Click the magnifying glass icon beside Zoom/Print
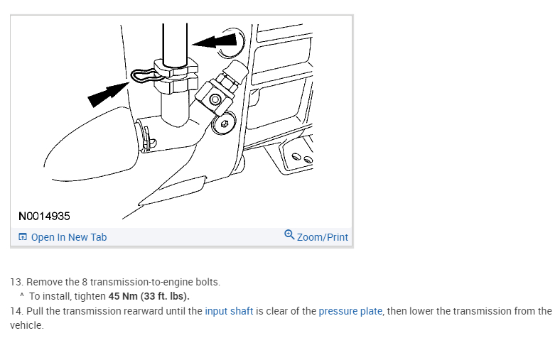click(x=289, y=235)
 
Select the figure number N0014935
click(x=44, y=217)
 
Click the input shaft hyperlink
click(x=229, y=311)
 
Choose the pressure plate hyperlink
click(x=350, y=311)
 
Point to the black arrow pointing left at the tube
click(x=215, y=41)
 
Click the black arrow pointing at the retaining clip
click(x=108, y=94)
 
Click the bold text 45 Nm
click(x=123, y=297)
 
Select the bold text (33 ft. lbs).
click(x=165, y=297)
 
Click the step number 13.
click(x=17, y=282)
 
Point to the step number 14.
click(x=17, y=311)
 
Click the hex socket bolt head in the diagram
click(x=224, y=123)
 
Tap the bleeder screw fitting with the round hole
click(x=216, y=99)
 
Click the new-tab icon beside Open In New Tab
click(x=23, y=237)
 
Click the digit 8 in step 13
click(x=85, y=282)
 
